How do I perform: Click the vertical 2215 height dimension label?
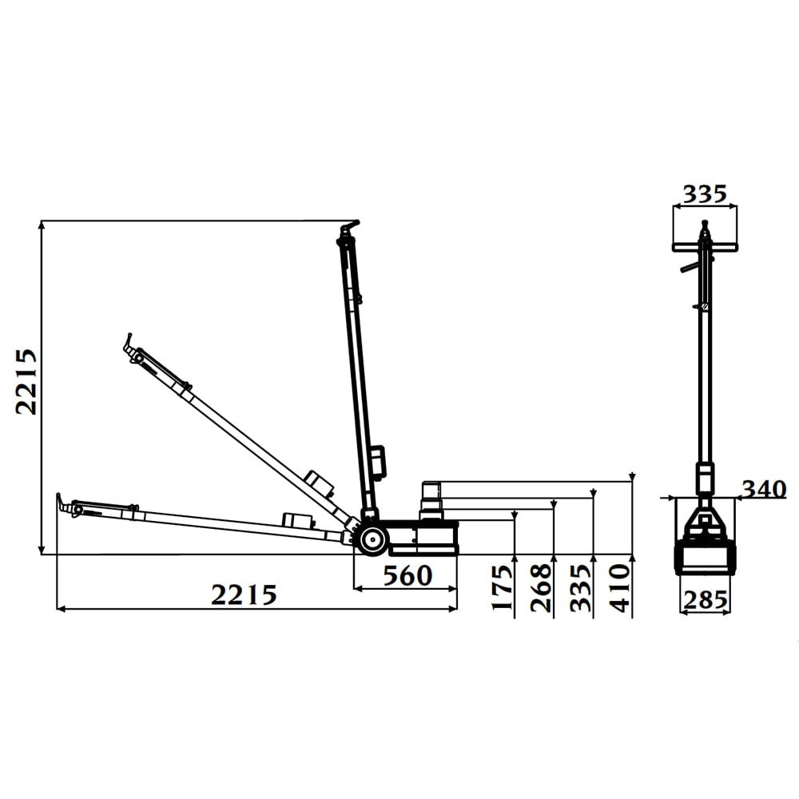click(26, 382)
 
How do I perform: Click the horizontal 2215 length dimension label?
click(244, 594)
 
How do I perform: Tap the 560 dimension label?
click(407, 576)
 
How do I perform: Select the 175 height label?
click(503, 587)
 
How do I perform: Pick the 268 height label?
click(541, 587)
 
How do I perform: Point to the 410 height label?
click(620, 587)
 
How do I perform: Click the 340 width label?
click(764, 489)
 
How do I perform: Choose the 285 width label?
click(706, 600)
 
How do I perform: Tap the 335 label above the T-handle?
click(706, 194)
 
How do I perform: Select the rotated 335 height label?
click(581, 587)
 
